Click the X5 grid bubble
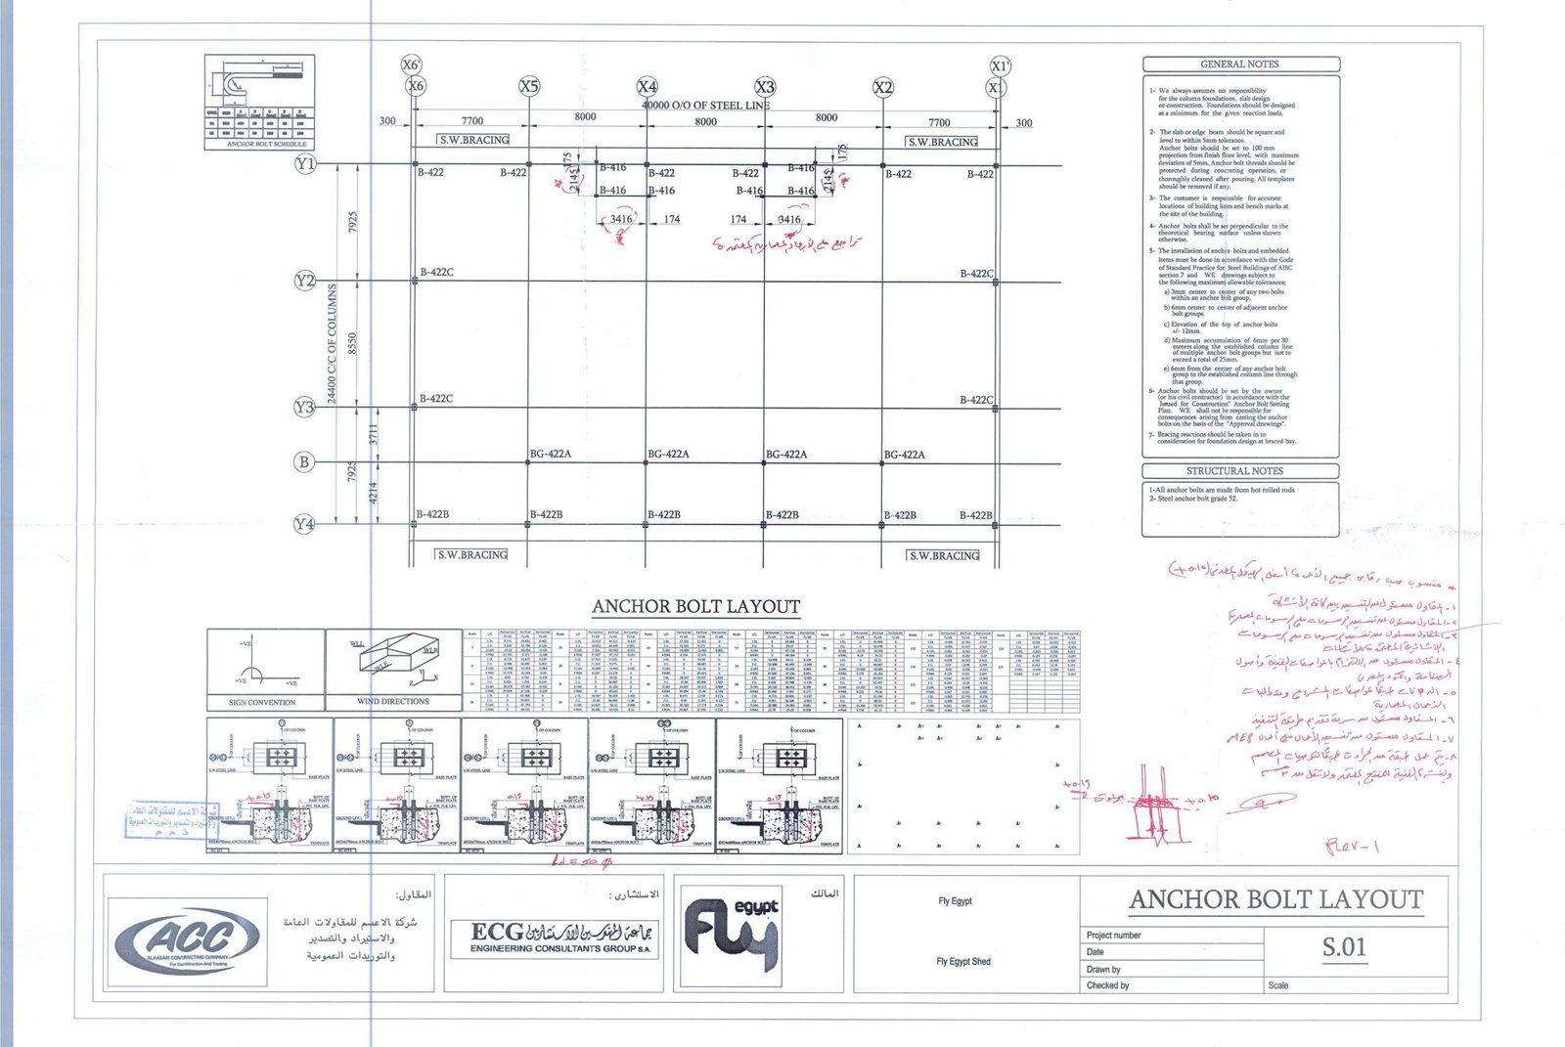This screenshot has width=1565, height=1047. tap(529, 86)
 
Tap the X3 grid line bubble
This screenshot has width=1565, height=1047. tap(765, 87)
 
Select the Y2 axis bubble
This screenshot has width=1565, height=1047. tap(305, 281)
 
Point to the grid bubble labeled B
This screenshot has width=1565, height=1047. tap(305, 461)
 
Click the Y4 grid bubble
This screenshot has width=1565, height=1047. tap(305, 524)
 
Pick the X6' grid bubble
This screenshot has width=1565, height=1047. tap(412, 65)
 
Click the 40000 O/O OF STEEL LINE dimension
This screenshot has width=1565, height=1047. tap(705, 105)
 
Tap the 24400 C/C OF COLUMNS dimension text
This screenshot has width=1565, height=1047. tap(332, 344)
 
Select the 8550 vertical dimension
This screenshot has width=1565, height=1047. tap(353, 343)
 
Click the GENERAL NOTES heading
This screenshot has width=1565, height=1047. tap(1239, 65)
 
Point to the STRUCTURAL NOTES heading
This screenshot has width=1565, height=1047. tap(1234, 471)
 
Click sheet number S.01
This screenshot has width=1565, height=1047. tap(1344, 946)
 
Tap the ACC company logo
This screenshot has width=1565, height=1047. tap(187, 942)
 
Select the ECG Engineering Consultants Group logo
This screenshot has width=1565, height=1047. tap(553, 938)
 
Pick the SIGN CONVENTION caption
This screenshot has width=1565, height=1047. tap(262, 702)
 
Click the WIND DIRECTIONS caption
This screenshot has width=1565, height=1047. tap(393, 702)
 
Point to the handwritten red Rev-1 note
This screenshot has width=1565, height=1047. tap(1352, 846)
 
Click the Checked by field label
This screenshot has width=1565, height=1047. tap(1107, 985)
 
